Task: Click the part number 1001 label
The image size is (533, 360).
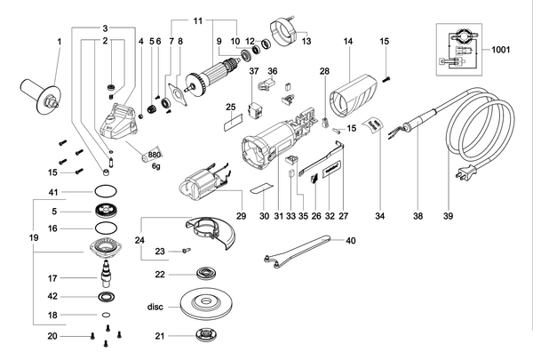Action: click(501, 50)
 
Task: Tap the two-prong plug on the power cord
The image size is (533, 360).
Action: click(465, 171)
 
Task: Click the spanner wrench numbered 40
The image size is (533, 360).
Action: click(297, 251)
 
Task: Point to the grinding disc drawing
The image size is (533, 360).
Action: click(205, 304)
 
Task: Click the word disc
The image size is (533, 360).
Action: click(155, 307)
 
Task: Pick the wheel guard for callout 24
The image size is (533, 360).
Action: click(211, 232)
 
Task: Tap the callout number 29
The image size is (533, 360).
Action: click(241, 216)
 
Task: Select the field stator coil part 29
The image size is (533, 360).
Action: click(203, 182)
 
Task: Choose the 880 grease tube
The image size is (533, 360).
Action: click(152, 156)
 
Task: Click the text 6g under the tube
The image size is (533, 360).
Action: click(155, 166)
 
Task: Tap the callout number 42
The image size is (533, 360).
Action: click(52, 296)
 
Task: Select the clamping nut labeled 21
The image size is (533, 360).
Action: click(206, 334)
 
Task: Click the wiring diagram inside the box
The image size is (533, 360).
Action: click(459, 50)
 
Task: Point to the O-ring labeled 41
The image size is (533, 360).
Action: click(106, 192)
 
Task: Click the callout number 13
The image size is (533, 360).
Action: click(306, 41)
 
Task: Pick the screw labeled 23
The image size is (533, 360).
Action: click(187, 251)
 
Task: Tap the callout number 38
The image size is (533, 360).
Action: click(418, 216)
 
